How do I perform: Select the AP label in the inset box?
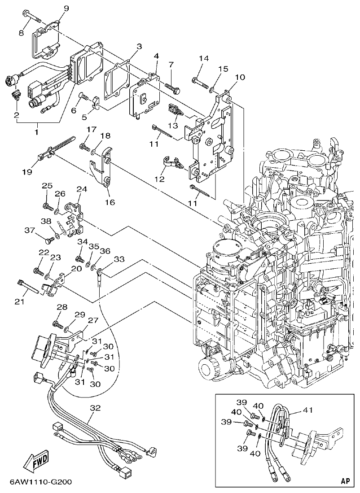(x=344, y=481)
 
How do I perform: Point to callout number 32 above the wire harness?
(x=95, y=408)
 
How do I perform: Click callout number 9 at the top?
(x=66, y=8)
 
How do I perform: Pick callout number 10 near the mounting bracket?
(x=240, y=77)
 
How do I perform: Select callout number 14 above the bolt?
(x=204, y=58)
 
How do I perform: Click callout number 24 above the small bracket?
(x=81, y=190)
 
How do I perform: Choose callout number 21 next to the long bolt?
(x=19, y=301)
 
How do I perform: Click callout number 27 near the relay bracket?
(x=92, y=320)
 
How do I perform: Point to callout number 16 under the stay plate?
(x=110, y=202)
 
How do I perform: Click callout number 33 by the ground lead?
(x=119, y=259)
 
